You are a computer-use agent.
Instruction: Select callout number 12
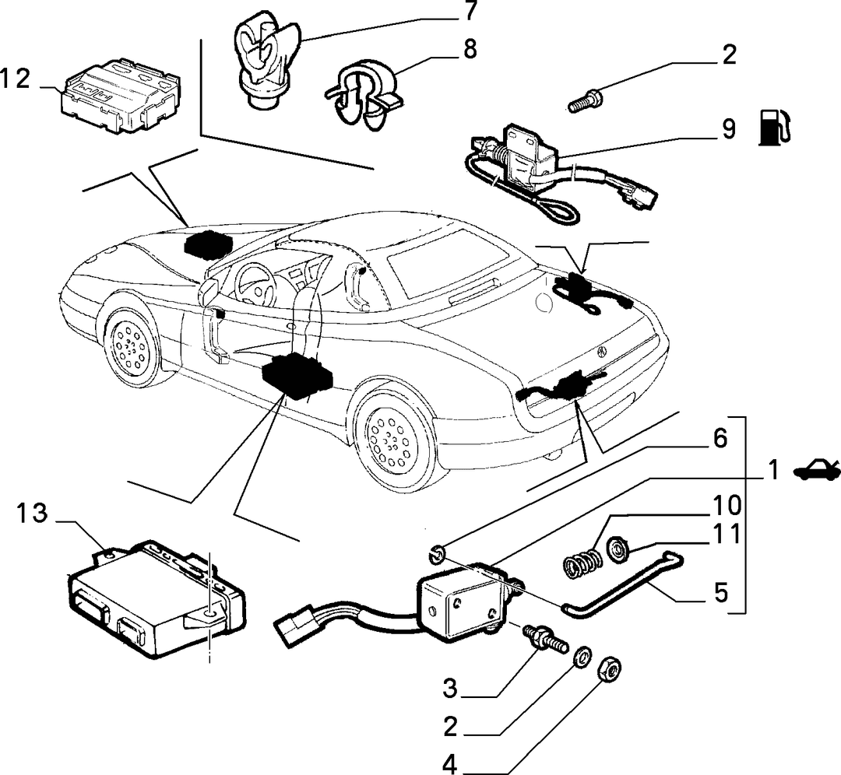[15, 79]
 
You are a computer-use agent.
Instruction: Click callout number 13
[31, 514]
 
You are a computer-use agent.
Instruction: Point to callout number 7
[470, 10]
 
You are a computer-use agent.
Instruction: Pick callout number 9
[728, 129]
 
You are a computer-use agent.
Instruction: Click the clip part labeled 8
[364, 96]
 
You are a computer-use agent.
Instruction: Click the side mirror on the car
[208, 292]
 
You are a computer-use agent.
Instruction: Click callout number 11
[727, 534]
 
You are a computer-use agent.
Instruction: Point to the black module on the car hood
[208, 244]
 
